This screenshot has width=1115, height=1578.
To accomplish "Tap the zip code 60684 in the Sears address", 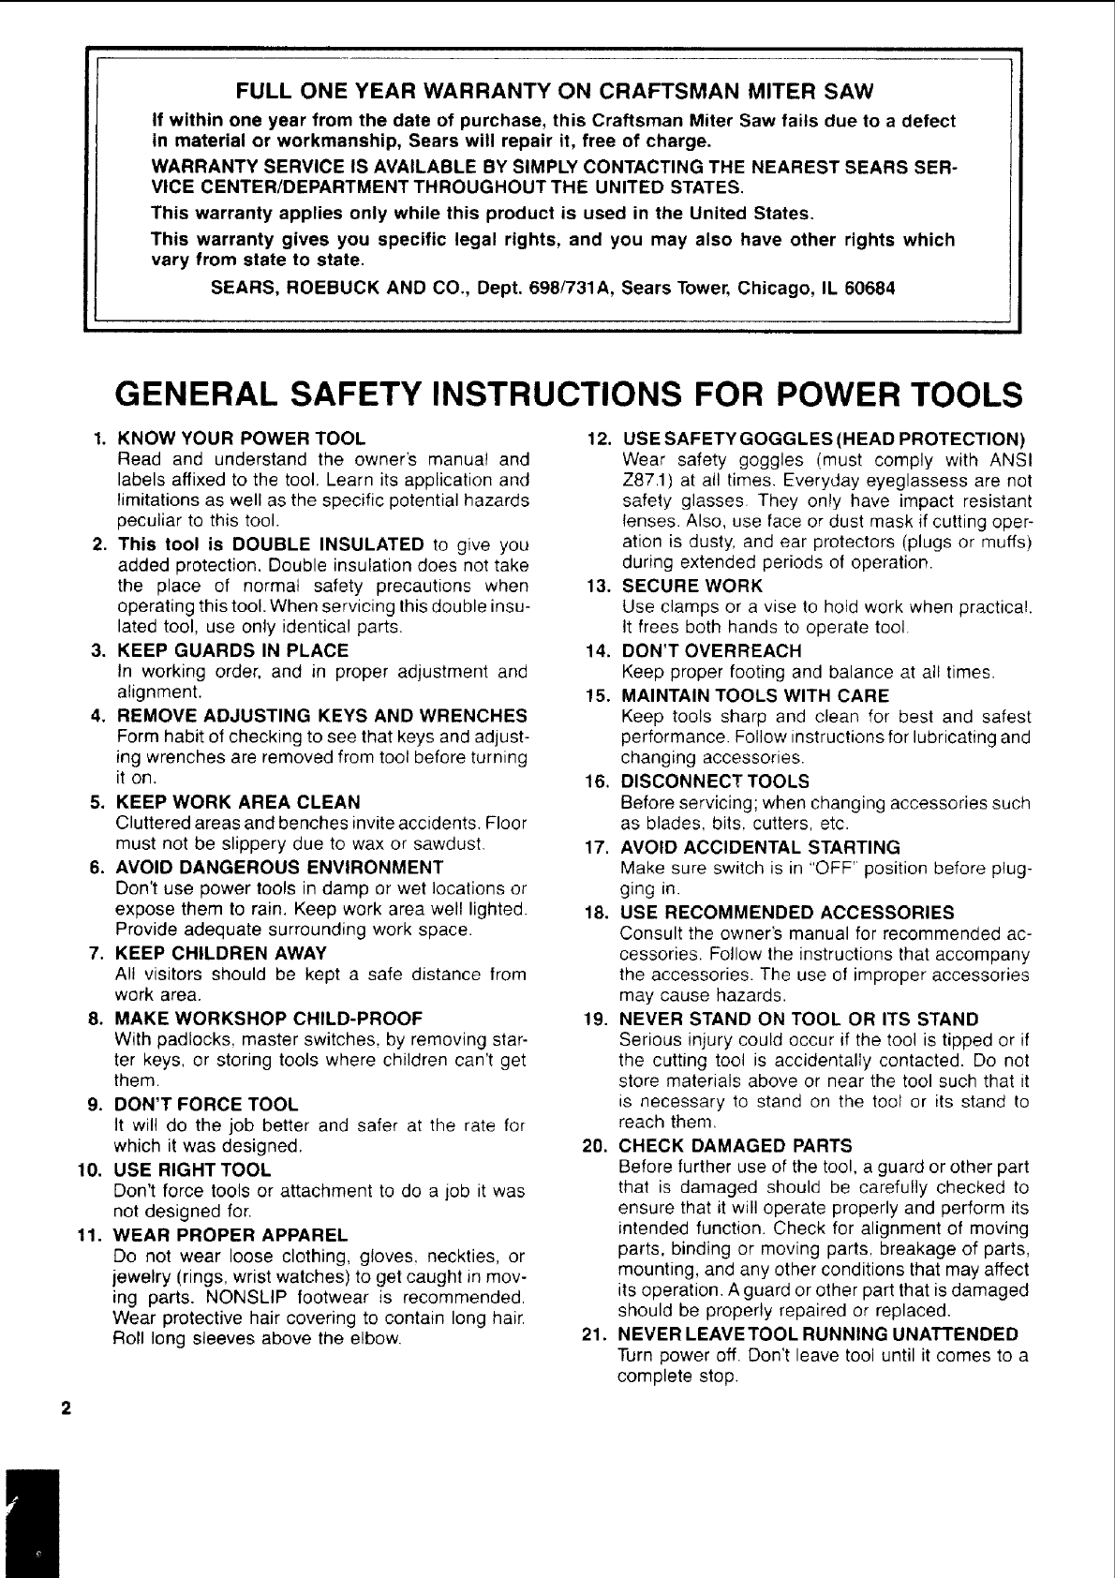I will point(870,288).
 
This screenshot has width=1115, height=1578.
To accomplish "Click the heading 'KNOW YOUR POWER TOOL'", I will point(241,439).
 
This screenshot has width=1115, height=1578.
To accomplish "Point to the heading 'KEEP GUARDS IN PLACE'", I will point(232,650).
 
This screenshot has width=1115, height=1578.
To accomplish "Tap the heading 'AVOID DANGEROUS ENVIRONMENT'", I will point(279,867).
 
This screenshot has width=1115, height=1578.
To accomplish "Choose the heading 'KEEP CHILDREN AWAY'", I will point(221,954).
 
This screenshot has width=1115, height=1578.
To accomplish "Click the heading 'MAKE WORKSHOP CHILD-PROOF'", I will point(269,1019).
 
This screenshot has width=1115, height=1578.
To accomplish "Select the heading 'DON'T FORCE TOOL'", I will point(206,1105).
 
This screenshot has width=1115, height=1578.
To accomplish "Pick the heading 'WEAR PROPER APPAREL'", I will point(230,1235).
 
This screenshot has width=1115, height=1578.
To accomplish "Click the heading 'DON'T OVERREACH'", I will point(712,651).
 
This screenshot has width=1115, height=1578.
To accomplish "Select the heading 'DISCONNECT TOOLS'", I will point(715,782).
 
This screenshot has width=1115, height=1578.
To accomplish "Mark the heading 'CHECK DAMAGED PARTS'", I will point(736,1146).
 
